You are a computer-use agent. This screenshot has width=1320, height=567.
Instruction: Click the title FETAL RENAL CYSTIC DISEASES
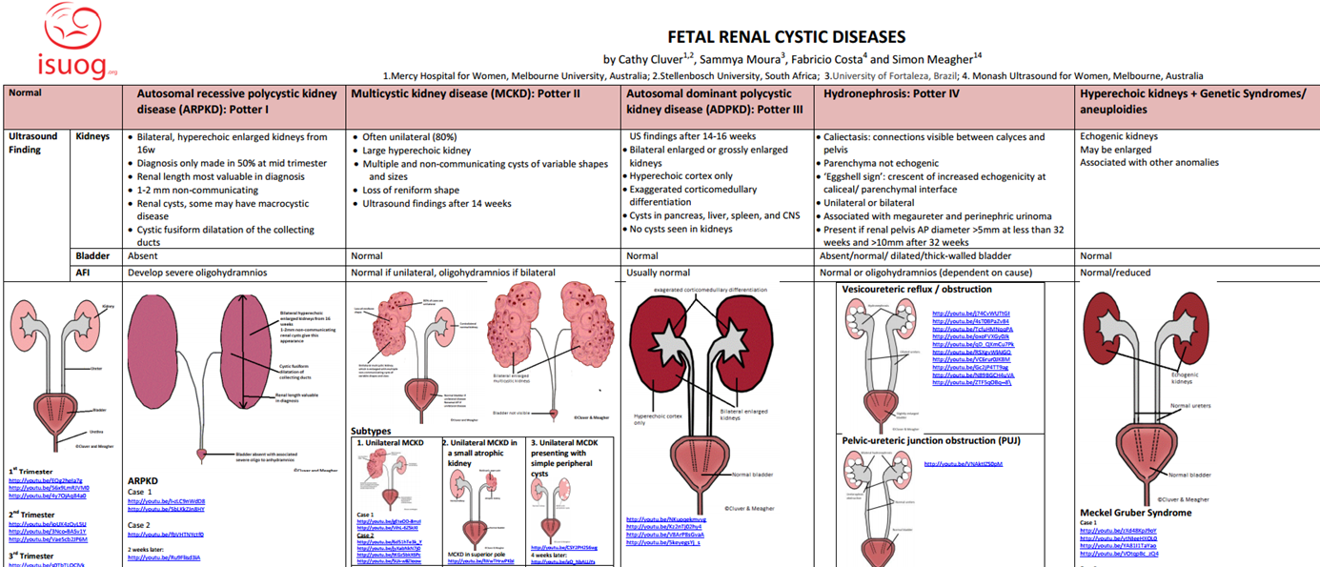pyautogui.click(x=785, y=37)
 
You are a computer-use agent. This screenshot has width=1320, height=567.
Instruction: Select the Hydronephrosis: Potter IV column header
pyautogui.click(x=891, y=94)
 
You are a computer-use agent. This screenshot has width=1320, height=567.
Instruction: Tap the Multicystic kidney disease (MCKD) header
pyautogui.click(x=466, y=94)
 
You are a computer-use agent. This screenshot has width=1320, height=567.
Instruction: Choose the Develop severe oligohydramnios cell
pyautogui.click(x=197, y=273)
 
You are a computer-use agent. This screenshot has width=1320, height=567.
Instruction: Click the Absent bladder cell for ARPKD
pyautogui.click(x=144, y=256)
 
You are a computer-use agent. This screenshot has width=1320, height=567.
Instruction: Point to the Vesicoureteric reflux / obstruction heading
pyautogui.click(x=917, y=289)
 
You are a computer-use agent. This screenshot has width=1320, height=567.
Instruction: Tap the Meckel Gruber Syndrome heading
pyautogui.click(x=1135, y=513)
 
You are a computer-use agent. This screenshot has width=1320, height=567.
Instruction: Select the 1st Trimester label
pyautogui.click(x=32, y=471)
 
